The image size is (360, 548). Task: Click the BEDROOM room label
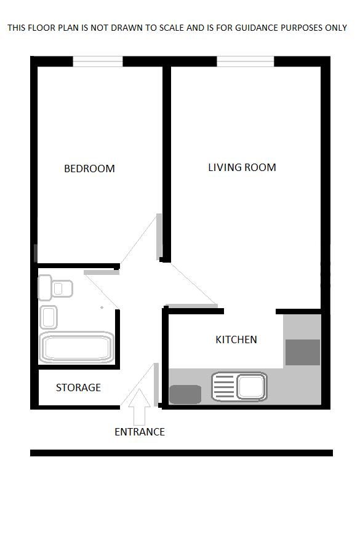89,169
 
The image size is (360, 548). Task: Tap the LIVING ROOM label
242,167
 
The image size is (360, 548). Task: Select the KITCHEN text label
236,340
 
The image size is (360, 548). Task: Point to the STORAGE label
78,387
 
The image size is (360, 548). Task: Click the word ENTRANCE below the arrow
140,432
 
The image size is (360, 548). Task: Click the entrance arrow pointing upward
140,406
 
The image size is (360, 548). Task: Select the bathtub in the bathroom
76,348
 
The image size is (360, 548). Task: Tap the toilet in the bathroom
55,288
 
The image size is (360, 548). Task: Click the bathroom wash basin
49,317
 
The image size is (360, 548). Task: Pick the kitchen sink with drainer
239,387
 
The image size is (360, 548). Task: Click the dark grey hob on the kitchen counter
185,394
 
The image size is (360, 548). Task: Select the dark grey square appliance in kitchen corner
303,352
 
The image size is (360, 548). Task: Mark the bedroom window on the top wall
98,61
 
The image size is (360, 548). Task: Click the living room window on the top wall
245,61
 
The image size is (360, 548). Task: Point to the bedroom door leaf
159,236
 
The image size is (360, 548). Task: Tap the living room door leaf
191,306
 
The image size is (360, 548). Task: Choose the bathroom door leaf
102,272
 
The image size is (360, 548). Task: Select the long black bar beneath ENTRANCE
182,453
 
